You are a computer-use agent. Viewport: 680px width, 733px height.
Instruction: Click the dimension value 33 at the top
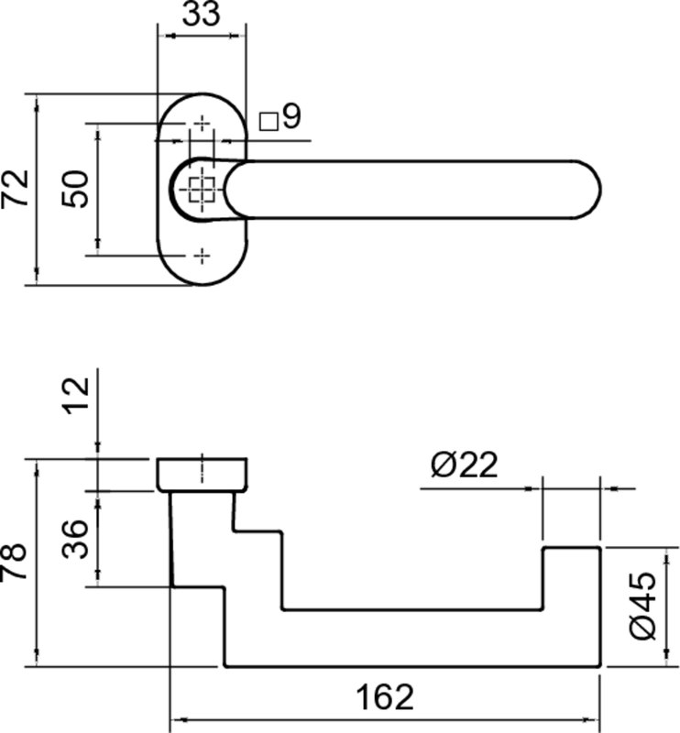tap(201, 14)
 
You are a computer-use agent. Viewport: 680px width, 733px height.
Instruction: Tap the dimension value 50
tap(75, 190)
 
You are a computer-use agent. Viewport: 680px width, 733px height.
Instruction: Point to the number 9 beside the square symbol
tap(291, 116)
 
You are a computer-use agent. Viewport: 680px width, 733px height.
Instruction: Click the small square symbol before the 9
tap(269, 122)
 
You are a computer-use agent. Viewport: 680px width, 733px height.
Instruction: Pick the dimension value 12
tap(76, 396)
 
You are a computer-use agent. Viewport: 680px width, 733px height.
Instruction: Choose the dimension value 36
tap(75, 539)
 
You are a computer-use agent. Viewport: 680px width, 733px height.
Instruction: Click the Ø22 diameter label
tap(465, 465)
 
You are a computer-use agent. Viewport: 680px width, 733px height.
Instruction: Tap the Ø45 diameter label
tap(642, 606)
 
